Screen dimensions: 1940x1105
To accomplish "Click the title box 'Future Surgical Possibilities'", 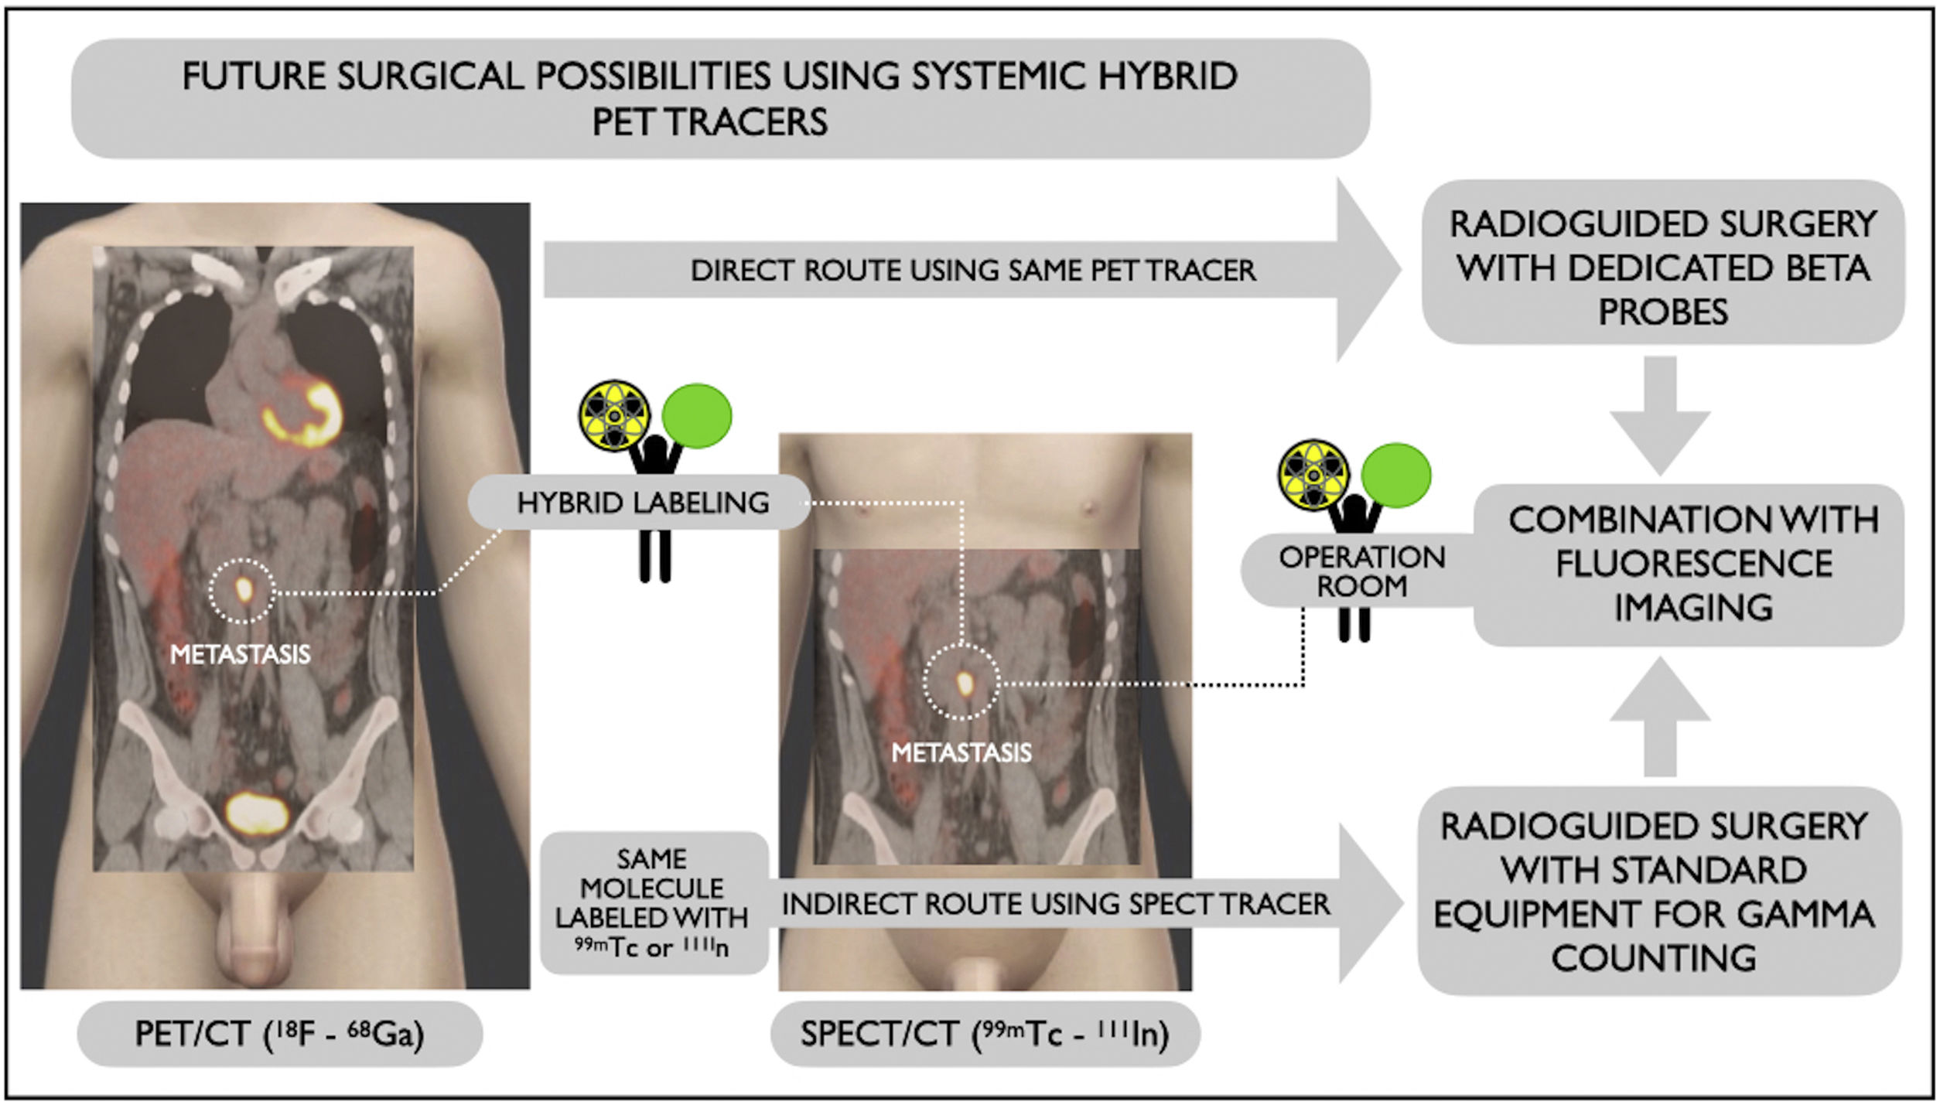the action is click(x=719, y=98).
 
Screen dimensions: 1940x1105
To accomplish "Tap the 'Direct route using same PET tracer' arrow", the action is click(x=972, y=270).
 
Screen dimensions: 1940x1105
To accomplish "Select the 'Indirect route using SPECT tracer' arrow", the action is click(x=1055, y=903).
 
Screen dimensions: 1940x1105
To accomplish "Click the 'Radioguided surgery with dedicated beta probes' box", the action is click(x=1662, y=267).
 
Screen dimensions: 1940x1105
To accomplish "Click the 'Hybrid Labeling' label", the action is click(x=642, y=503).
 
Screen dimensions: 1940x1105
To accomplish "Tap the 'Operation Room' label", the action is click(x=1361, y=571).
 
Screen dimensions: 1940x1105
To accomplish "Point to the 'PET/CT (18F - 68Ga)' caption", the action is click(x=279, y=1033).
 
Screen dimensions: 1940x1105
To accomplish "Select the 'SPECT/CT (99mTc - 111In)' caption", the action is click(x=985, y=1033).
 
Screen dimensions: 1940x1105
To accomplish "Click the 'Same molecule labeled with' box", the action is click(x=653, y=902).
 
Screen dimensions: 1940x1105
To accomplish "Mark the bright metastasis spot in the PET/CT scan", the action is click(x=243, y=590).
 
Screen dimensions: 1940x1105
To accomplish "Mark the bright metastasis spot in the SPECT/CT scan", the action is click(x=964, y=683).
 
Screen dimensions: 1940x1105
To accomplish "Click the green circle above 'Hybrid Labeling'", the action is click(x=697, y=416).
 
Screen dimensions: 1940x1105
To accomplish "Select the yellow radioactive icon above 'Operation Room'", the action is click(x=1313, y=475).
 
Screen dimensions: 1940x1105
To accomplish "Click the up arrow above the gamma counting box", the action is click(x=1659, y=715).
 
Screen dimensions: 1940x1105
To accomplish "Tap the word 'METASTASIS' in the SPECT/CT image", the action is click(x=961, y=752).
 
